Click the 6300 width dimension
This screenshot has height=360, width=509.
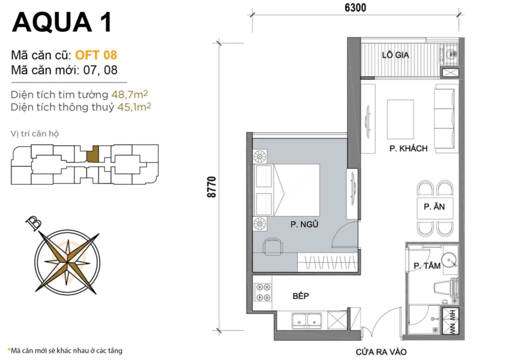pyautogui.click(x=355, y=8)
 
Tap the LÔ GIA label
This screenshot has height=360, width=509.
pyautogui.click(x=396, y=55)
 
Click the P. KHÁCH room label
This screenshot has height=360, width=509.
pyautogui.click(x=408, y=148)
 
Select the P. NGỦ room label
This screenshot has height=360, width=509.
pyautogui.click(x=304, y=224)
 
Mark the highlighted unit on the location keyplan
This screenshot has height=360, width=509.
pyautogui.click(x=92, y=155)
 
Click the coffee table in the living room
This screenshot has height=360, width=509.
pyautogui.click(x=400, y=118)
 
